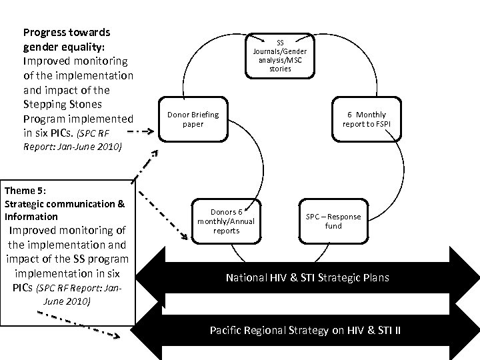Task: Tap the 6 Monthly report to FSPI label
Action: (x=364, y=119)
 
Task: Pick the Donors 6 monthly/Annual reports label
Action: (x=226, y=221)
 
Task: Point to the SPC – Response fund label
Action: (x=333, y=221)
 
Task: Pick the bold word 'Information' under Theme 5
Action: (x=31, y=217)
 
